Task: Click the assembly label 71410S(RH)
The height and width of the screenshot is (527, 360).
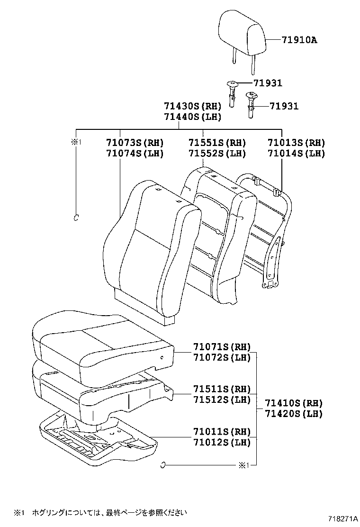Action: point(294,403)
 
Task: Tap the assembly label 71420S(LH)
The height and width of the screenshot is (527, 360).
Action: point(294,414)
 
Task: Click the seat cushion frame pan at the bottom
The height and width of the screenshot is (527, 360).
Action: point(95,438)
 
